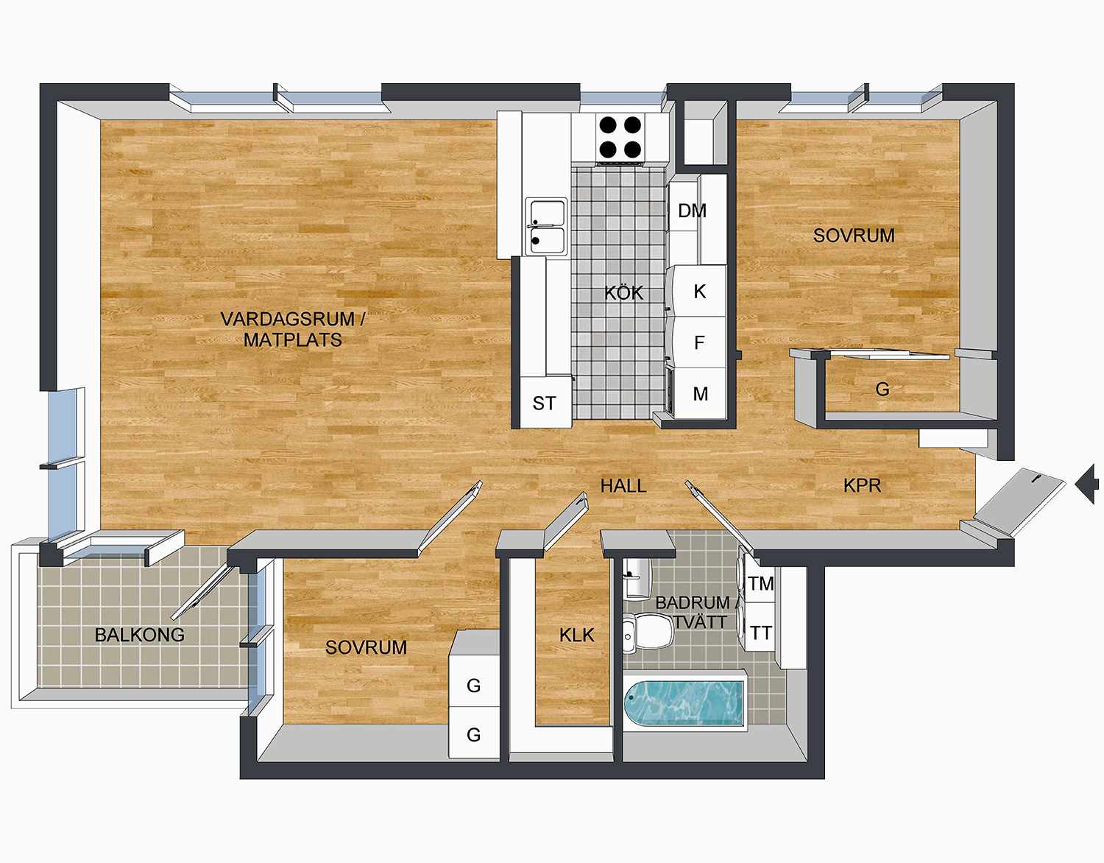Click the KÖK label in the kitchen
point(624,293)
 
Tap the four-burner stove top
point(620,137)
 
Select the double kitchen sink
point(546,226)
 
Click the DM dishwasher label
point(692,211)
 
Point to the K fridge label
point(700,292)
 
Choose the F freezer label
point(699,342)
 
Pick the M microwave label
point(701,394)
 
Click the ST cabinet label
point(544,404)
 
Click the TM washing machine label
point(761,584)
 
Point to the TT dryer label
point(761,633)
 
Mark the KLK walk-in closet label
point(576,635)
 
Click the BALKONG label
point(140,635)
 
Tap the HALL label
point(623,486)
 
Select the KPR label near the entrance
point(862,486)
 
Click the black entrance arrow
point(1088,485)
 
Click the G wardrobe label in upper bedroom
point(882,389)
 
